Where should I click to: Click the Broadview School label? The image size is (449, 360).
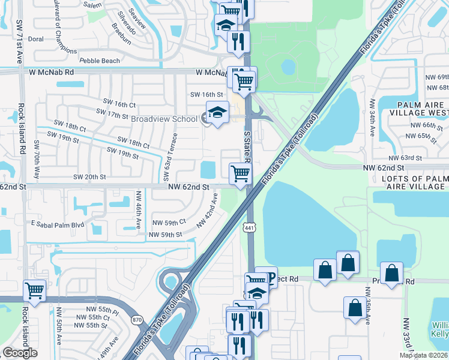tap(164, 119)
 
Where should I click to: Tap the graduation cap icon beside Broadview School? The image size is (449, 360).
tap(217, 112)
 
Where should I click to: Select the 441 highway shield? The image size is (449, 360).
tap(249, 227)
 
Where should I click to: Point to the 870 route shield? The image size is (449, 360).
tap(138, 320)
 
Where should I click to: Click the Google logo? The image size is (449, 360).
tap(20, 353)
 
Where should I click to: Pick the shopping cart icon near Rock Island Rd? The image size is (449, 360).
tap(34, 290)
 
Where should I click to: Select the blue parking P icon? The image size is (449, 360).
tap(271, 277)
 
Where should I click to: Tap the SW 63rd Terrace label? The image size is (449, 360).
tap(166, 160)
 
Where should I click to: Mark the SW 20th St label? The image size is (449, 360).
tap(89, 177)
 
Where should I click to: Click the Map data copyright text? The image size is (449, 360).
tap(423, 355)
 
